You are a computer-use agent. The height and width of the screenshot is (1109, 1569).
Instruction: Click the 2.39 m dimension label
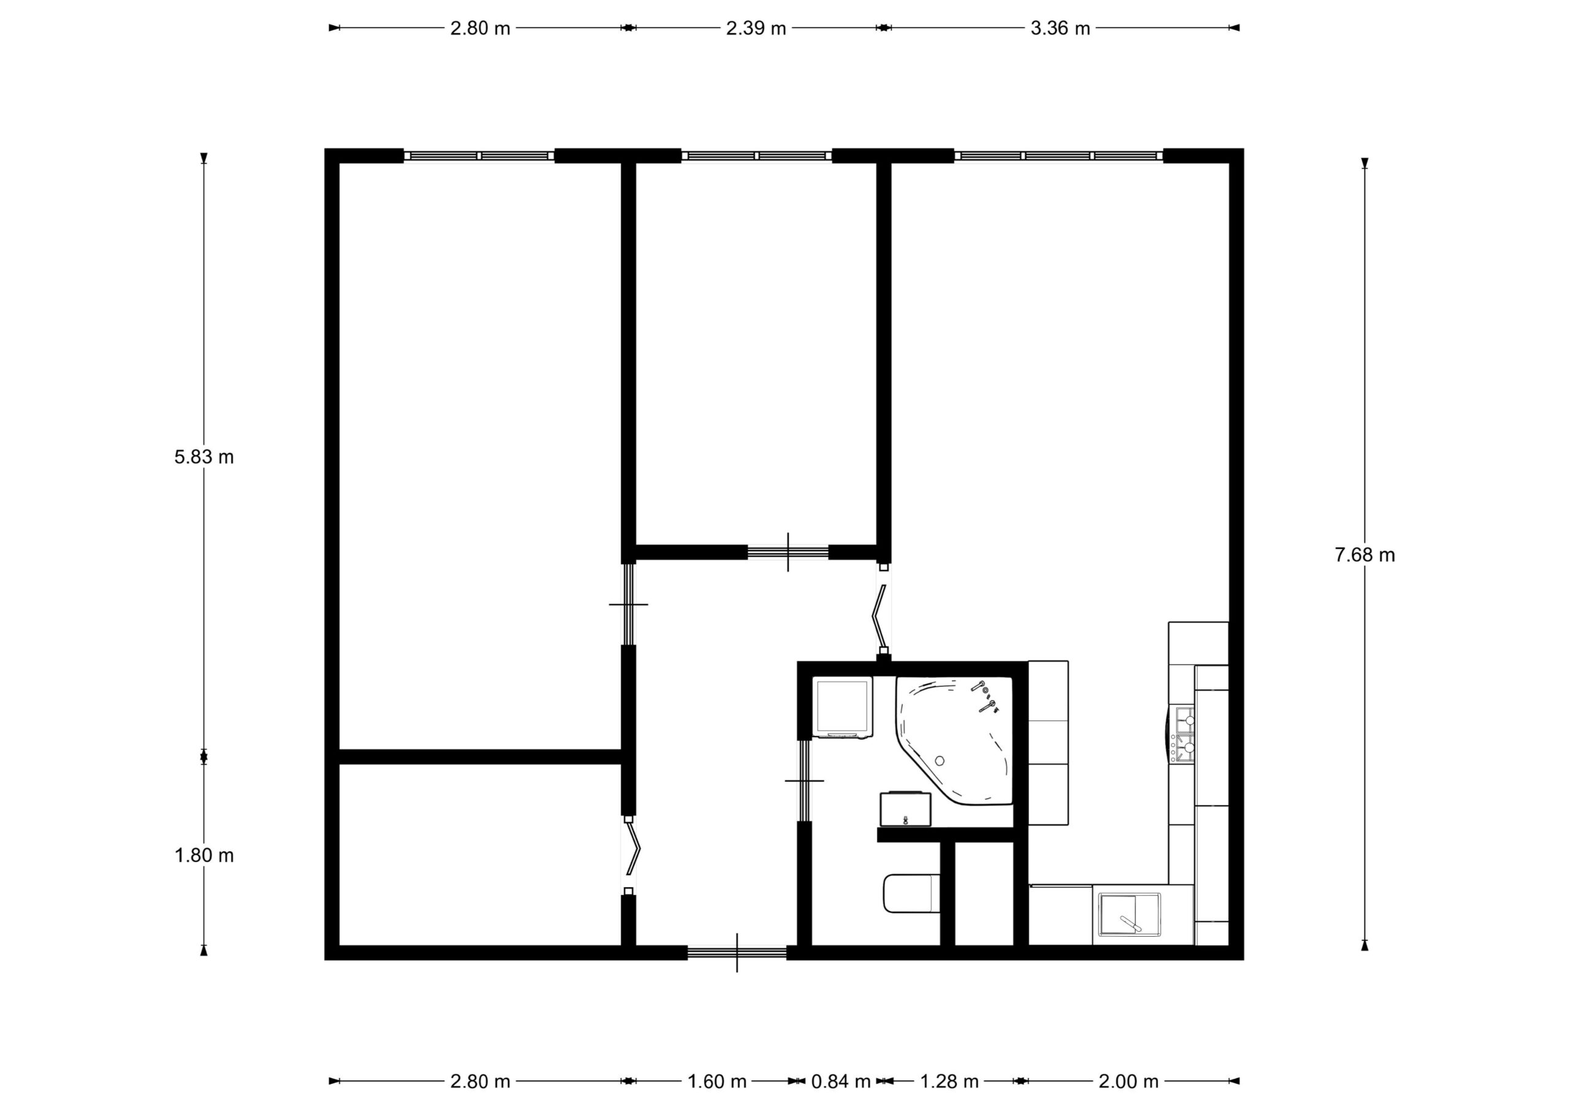pyautogui.click(x=756, y=28)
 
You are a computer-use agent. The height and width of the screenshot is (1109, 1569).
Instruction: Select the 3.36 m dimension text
pyautogui.click(x=1060, y=28)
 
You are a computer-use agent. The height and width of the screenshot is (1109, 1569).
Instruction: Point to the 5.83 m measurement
pyautogui.click(x=203, y=457)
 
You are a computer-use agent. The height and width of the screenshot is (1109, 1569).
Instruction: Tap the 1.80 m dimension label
pyautogui.click(x=203, y=855)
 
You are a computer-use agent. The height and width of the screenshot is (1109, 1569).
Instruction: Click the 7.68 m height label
pyautogui.click(x=1365, y=555)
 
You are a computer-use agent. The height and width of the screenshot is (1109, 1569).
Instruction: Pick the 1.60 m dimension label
pyautogui.click(x=716, y=1081)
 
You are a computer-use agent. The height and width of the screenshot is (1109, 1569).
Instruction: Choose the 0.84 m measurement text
pyautogui.click(x=840, y=1081)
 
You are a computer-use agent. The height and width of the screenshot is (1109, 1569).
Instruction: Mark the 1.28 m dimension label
pyautogui.click(x=949, y=1081)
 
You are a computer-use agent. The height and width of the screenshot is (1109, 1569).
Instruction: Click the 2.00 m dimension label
pyautogui.click(x=1128, y=1081)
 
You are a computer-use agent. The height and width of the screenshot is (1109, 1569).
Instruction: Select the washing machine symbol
pyautogui.click(x=842, y=708)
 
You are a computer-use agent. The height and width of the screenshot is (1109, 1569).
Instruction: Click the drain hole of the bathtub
pyautogui.click(x=940, y=760)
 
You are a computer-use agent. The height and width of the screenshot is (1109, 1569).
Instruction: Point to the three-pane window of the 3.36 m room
pyautogui.click(x=1058, y=156)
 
